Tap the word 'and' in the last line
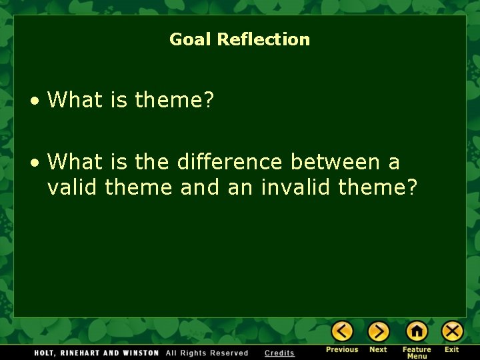tap(200, 187)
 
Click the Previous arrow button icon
tap(342, 331)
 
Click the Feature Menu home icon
tap(417, 331)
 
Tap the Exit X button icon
tap(452, 331)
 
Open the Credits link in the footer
tap(279, 353)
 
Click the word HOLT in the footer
tap(44, 353)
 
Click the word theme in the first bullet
tap(174, 101)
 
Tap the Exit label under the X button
tap(452, 349)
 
